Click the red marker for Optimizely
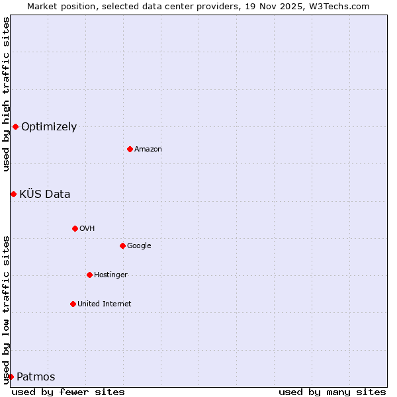[x=15, y=126]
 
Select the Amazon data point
[x=130, y=149]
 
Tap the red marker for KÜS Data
[x=13, y=194]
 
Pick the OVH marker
[x=75, y=228]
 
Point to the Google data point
[x=122, y=245]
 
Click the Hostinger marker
[x=89, y=275]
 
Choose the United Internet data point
[x=73, y=304]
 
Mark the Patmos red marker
[x=11, y=376]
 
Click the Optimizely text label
[x=49, y=127]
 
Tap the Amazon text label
[x=148, y=150]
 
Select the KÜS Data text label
[x=45, y=195]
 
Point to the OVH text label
[x=87, y=229]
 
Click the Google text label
[x=139, y=246]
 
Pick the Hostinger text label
[x=110, y=275]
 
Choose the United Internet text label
[x=105, y=304]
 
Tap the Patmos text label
[x=36, y=377]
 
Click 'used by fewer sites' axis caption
[x=68, y=392]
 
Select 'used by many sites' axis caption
[x=332, y=392]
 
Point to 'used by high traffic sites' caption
[x=6, y=94]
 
